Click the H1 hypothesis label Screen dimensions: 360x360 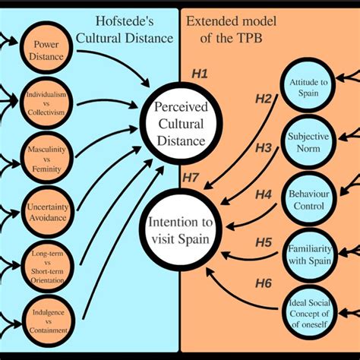click(x=201, y=74)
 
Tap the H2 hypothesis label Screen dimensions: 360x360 click(x=263, y=98)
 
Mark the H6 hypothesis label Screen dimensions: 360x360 click(x=263, y=283)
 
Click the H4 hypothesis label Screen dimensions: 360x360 click(x=263, y=194)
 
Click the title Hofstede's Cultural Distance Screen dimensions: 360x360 click(x=129, y=30)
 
